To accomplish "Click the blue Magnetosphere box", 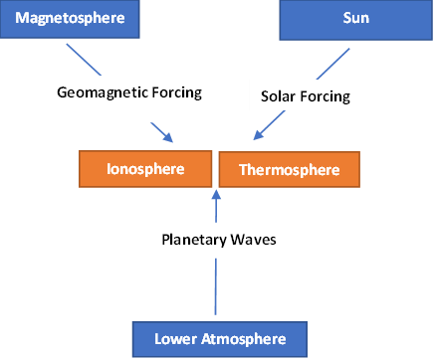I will pyautogui.click(x=68, y=21).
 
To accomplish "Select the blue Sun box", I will pyautogui.click(x=355, y=21).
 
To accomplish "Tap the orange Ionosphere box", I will pyautogui.click(x=145, y=168).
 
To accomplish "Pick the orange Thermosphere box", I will pyautogui.click(x=289, y=170).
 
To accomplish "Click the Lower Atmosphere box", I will pyautogui.click(x=220, y=339).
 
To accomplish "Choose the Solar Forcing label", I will pyautogui.click(x=309, y=96).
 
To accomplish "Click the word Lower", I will pyautogui.click(x=176, y=339).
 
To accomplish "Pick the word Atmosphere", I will pyautogui.click(x=243, y=339).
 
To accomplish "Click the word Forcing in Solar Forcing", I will pyautogui.click(x=332, y=96).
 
